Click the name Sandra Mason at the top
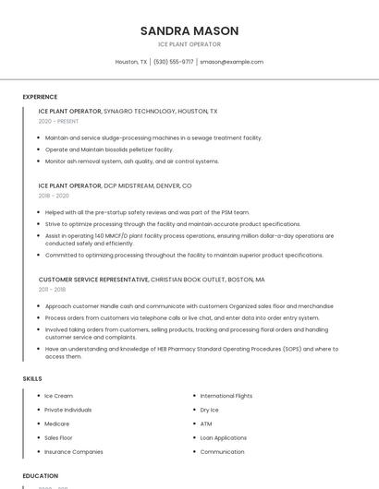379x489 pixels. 189,30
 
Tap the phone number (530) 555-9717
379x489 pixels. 173,62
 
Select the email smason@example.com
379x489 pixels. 231,62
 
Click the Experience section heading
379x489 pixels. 40,97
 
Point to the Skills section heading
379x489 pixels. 32,378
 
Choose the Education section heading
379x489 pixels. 41,475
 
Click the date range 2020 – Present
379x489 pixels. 58,121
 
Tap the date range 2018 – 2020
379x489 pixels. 54,196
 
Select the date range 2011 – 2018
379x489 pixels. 52,290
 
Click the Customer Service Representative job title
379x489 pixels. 93,279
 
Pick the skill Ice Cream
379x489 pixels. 58,396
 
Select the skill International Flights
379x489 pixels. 226,396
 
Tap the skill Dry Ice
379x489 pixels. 210,410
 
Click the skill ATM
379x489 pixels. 206,423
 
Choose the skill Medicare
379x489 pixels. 57,423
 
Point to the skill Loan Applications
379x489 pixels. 223,437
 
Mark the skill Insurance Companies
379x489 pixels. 73,452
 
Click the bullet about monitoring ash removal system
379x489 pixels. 131,161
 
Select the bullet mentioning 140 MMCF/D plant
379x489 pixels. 189,239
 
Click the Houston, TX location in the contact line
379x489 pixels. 131,62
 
